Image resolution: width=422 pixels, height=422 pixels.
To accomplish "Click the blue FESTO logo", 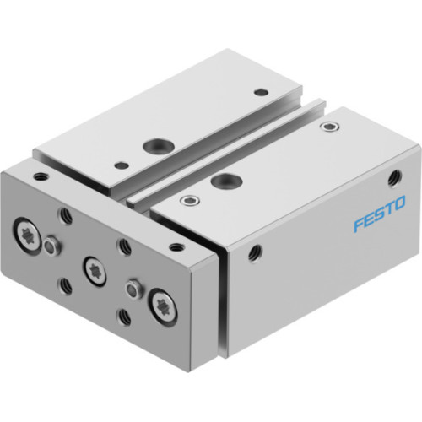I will tap(379, 204).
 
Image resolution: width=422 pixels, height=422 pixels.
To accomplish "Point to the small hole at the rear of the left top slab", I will tap(261, 91).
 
